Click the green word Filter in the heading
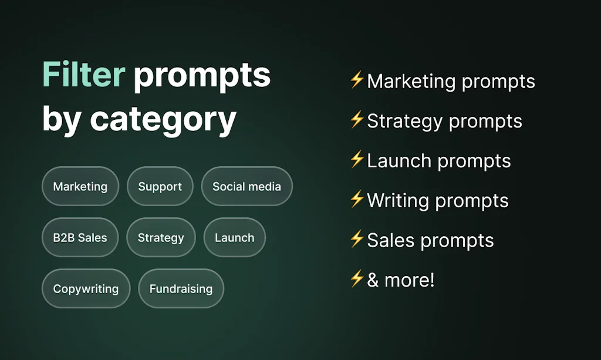83,75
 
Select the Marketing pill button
80,187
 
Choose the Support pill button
160,187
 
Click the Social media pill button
247,187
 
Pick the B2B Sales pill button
80,238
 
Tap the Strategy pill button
161,238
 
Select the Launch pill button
234,238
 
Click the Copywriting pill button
86,289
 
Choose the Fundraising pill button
181,289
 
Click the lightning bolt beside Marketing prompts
357,80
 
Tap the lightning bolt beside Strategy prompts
357,120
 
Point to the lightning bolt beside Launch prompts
357,160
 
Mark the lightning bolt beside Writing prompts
357,200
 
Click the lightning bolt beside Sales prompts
357,239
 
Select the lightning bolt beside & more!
357,279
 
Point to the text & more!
401,280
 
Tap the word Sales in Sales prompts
388,241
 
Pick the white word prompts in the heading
202,75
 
